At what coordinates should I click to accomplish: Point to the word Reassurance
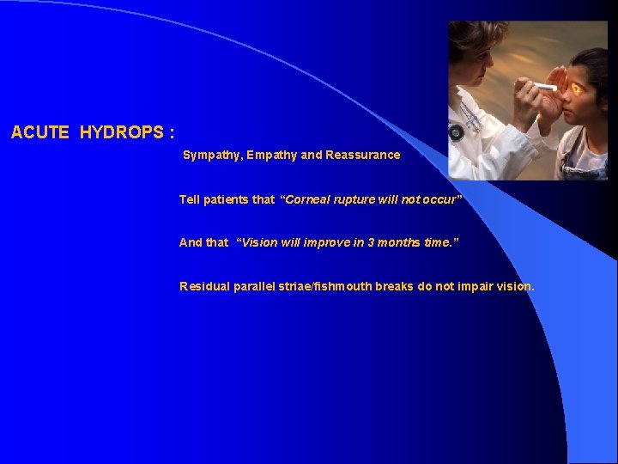point(363,156)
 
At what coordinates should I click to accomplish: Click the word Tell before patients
point(189,199)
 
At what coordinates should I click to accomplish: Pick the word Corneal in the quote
point(308,199)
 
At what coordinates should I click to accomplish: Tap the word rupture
point(354,199)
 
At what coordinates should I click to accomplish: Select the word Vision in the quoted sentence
point(259,243)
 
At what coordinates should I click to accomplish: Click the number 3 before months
point(371,243)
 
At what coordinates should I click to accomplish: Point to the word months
point(399,243)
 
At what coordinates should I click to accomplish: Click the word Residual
point(203,287)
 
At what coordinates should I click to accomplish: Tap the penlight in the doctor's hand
point(546,86)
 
